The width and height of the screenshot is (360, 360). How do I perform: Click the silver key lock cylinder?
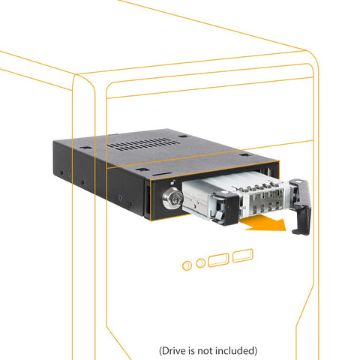pos(172,198)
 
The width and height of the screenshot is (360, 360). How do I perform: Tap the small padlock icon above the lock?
pos(173,183)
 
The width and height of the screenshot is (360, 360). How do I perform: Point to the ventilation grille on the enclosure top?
pos(143,145)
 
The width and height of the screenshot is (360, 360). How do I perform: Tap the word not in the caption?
pos(205,351)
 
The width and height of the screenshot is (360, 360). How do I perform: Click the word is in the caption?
pos(192,351)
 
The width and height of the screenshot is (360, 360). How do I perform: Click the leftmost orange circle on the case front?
pos(187,265)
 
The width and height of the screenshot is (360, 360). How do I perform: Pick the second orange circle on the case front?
pos(200,262)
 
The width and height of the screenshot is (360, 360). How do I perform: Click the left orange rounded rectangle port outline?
pos(218,260)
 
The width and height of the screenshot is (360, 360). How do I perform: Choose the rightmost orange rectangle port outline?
pos(243,256)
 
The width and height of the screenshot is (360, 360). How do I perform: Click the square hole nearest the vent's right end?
pos(183,136)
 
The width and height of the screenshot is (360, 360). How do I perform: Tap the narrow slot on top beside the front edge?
pos(160,173)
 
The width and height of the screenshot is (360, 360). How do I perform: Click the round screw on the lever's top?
pos(298,181)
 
